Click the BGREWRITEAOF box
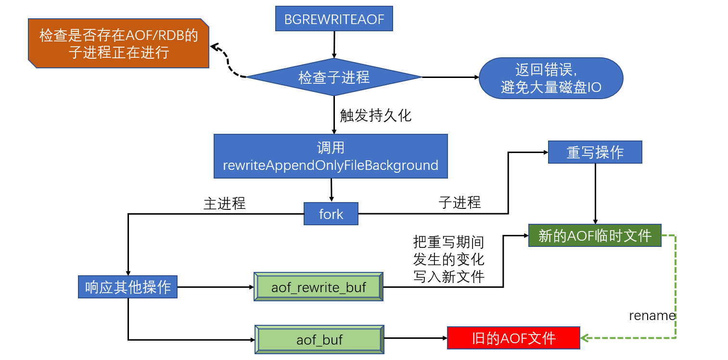tap(334, 19)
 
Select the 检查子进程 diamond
tap(334, 77)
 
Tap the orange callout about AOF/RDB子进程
tap(118, 43)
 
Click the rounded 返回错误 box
tap(551, 78)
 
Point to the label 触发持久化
tap(376, 116)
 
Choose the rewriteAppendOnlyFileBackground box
tap(331, 156)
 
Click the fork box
tap(331, 214)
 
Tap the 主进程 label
tap(225, 204)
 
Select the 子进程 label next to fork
tap(460, 203)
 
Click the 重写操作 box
tap(595, 153)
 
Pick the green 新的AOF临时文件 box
tap(595, 236)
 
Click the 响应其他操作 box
tap(128, 287)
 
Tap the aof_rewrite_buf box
tap(319, 288)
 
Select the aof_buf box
tap(319, 339)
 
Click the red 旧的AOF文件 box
tap(513, 338)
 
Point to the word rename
tap(652, 316)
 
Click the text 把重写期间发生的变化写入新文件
tap(448, 259)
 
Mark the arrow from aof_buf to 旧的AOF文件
tap(416, 338)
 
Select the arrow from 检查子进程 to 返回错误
tap(450, 77)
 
